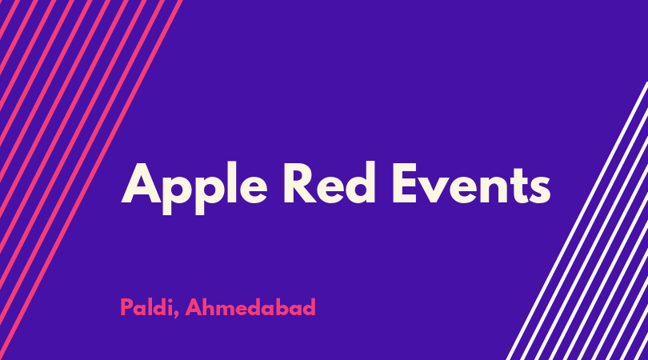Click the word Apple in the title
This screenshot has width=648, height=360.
(194, 188)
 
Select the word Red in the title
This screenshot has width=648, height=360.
(330, 183)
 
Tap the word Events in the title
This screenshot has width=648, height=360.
(471, 183)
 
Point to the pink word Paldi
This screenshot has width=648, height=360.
(146, 307)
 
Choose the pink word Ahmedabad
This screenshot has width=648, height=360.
(250, 307)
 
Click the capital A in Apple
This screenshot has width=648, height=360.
(141, 183)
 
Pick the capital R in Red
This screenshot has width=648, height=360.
(301, 183)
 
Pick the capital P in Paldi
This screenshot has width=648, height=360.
(127, 307)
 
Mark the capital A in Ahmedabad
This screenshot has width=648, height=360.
(193, 307)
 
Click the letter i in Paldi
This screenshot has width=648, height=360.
(169, 306)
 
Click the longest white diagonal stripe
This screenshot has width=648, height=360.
(578, 221)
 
